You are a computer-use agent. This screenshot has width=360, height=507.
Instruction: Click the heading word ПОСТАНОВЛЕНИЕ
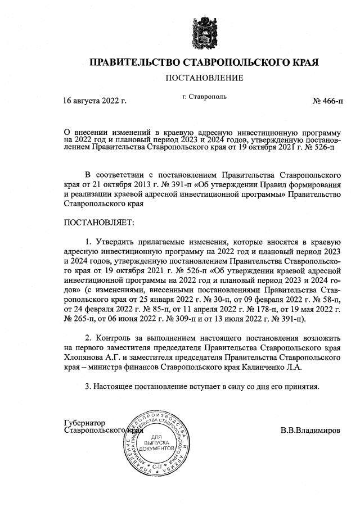(x=204, y=78)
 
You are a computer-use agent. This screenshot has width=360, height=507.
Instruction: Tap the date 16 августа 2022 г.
(x=94, y=101)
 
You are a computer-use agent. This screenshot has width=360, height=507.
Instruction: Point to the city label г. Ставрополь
(x=205, y=97)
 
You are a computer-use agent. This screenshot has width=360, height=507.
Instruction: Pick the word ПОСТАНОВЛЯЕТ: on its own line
(x=99, y=223)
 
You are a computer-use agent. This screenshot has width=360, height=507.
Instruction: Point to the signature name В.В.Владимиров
(x=310, y=431)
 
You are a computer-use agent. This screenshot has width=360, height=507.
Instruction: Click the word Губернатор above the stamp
(x=85, y=422)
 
